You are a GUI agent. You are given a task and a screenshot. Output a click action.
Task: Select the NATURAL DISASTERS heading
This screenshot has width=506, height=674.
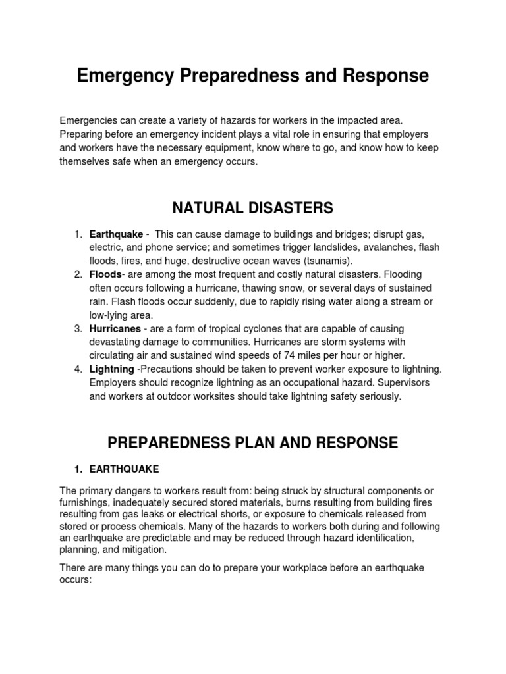tap(253, 209)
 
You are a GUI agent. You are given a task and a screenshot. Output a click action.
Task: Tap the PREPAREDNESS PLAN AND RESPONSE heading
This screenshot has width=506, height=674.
tap(253, 442)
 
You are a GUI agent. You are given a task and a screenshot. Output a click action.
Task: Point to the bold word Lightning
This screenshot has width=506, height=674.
tap(111, 369)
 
